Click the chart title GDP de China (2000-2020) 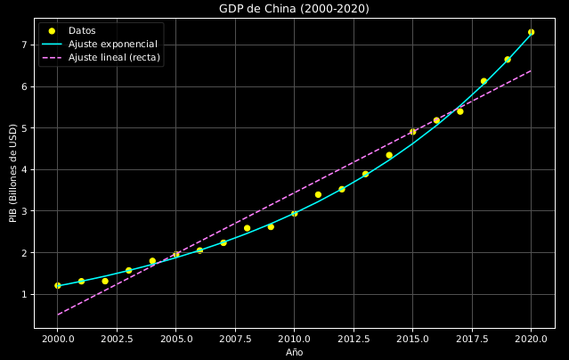[x=294, y=9]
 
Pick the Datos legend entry [x=82, y=30]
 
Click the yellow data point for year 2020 [x=531, y=32]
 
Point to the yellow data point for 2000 [x=58, y=286]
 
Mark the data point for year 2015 [x=412, y=132]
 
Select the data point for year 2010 [x=294, y=214]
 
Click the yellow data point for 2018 [x=484, y=81]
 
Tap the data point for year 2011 [x=318, y=194]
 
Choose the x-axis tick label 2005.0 [x=175, y=339]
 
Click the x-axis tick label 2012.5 [x=354, y=339]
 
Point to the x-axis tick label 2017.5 [x=472, y=339]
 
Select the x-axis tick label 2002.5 [x=117, y=339]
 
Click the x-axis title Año [x=294, y=352]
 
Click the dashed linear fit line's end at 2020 [x=531, y=70]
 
